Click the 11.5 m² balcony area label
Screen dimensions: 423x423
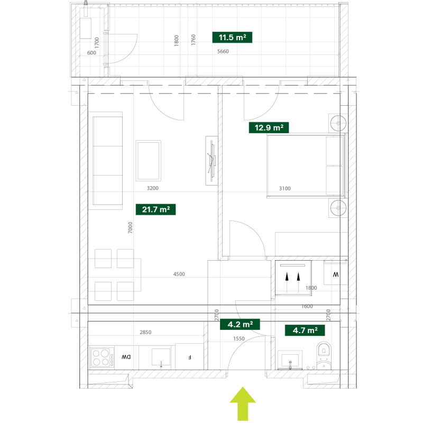point(232,37)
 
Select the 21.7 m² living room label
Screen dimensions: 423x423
point(155,209)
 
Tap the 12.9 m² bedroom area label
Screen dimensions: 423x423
point(269,127)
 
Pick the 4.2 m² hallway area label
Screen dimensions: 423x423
point(240,324)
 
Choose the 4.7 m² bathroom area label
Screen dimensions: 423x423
point(305,330)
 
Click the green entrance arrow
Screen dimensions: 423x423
point(243,403)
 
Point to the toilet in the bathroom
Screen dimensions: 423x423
point(324,355)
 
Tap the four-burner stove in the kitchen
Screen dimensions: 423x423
point(101,357)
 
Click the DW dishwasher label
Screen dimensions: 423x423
point(126,357)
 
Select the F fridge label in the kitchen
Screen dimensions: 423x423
point(190,357)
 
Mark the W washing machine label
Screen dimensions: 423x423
point(336,274)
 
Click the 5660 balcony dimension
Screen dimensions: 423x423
point(223,51)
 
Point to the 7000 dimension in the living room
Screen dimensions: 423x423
point(130,227)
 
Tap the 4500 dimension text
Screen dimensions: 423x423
point(179,274)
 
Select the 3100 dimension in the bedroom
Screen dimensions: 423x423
point(284,188)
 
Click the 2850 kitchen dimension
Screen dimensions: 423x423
point(145,332)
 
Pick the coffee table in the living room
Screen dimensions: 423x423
point(149,161)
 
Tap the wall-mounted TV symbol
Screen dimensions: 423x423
point(212,161)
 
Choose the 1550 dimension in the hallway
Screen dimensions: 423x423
point(239,338)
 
